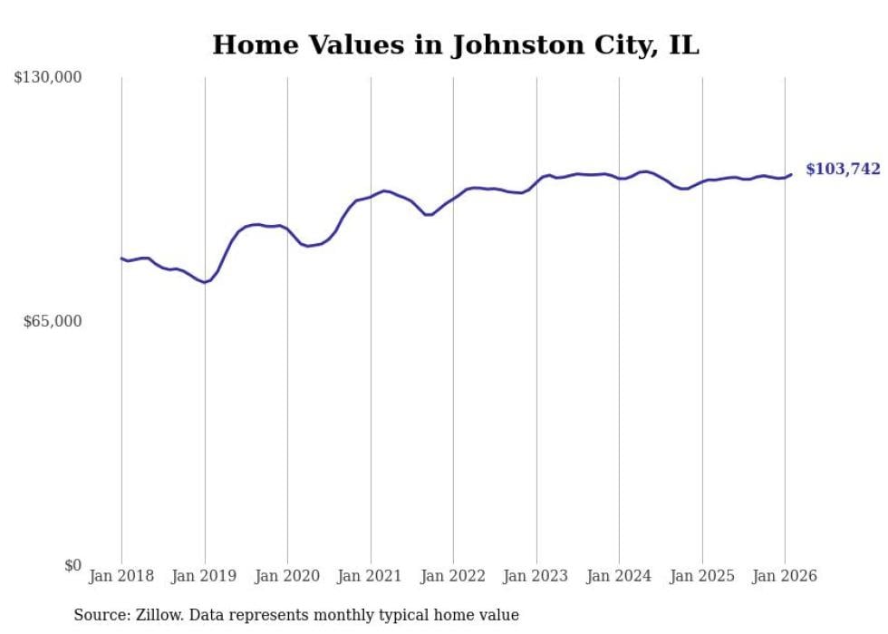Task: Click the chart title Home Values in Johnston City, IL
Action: (x=456, y=44)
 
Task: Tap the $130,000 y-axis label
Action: (x=48, y=78)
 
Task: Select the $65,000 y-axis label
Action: (x=53, y=321)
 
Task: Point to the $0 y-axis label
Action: (x=73, y=565)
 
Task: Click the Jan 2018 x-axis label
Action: (x=121, y=576)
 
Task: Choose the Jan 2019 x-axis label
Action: (x=205, y=576)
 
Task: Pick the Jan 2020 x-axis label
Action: (x=287, y=576)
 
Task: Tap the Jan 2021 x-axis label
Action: (x=371, y=576)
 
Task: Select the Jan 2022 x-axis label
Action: (x=453, y=576)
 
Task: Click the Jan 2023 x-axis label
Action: (x=536, y=576)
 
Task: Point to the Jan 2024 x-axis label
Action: (x=619, y=576)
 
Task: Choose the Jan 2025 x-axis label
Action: (x=702, y=576)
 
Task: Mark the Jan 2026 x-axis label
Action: (x=785, y=576)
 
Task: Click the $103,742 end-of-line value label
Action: (x=843, y=170)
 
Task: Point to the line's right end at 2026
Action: (x=791, y=175)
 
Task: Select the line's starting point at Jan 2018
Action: (x=121, y=258)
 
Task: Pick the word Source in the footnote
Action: (x=98, y=616)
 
